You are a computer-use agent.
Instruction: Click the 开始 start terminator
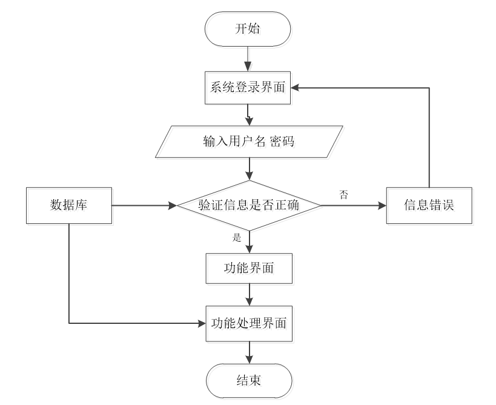[249, 30]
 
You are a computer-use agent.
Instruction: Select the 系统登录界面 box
[249, 89]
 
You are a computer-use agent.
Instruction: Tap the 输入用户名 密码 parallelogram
[250, 143]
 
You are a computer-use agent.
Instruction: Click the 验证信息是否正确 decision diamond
[250, 206]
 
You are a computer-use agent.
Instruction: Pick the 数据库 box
[70, 206]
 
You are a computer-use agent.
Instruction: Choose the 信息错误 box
[430, 206]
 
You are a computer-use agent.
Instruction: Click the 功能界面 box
[250, 269]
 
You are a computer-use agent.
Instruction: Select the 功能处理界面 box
[250, 324]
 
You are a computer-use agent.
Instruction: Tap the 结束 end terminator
[250, 382]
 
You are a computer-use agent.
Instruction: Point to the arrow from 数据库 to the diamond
[145, 206]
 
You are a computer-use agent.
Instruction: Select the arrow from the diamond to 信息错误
[354, 206]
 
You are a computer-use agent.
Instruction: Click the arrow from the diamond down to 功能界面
[250, 243]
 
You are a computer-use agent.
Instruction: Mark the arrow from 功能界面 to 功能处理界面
[250, 295]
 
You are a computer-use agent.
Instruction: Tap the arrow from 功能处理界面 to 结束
[250, 353]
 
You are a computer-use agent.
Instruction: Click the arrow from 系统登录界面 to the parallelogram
[249, 115]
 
